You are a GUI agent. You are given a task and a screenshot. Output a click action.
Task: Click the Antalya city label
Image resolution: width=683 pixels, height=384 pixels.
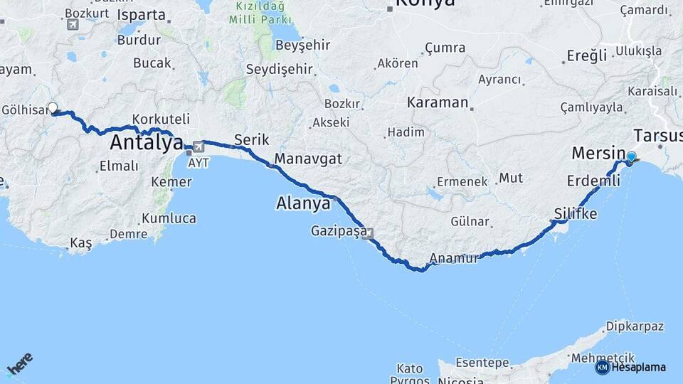point(146,143)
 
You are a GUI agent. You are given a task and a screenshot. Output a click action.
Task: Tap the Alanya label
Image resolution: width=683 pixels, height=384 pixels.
point(303,204)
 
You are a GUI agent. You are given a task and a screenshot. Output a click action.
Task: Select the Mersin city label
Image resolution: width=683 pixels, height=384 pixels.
point(596,153)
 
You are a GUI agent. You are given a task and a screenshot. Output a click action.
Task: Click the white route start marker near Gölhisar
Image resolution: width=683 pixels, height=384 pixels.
point(52,108)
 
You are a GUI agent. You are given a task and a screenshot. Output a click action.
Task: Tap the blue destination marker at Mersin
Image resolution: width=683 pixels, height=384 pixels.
point(631,156)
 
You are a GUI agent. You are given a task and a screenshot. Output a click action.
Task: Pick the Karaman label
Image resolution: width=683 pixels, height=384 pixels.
point(438,102)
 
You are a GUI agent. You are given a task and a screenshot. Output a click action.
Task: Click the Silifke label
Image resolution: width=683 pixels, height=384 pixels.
point(576,213)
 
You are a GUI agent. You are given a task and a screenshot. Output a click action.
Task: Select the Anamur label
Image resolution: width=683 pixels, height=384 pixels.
point(455,259)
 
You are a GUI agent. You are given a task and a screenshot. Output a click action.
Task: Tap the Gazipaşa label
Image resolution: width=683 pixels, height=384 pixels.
point(338,231)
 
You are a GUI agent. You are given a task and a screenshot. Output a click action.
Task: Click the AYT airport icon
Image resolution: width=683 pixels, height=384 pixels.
point(197,147)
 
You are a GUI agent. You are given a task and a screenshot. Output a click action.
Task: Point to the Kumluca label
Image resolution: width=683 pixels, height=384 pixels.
point(169,218)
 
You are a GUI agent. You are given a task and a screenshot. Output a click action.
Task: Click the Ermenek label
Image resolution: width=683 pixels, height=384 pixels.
point(462,181)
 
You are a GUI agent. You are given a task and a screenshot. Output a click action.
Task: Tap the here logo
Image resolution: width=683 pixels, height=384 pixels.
point(19,363)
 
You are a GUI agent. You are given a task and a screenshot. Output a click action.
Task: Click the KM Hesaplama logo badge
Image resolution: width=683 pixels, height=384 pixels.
point(602,367)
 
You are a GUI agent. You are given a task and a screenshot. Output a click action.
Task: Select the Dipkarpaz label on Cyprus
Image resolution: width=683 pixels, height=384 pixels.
point(635,326)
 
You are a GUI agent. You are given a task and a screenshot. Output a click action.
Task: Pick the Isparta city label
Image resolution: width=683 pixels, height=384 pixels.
point(141,14)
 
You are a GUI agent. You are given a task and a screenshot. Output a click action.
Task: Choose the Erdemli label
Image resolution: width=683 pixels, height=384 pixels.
point(589,181)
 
